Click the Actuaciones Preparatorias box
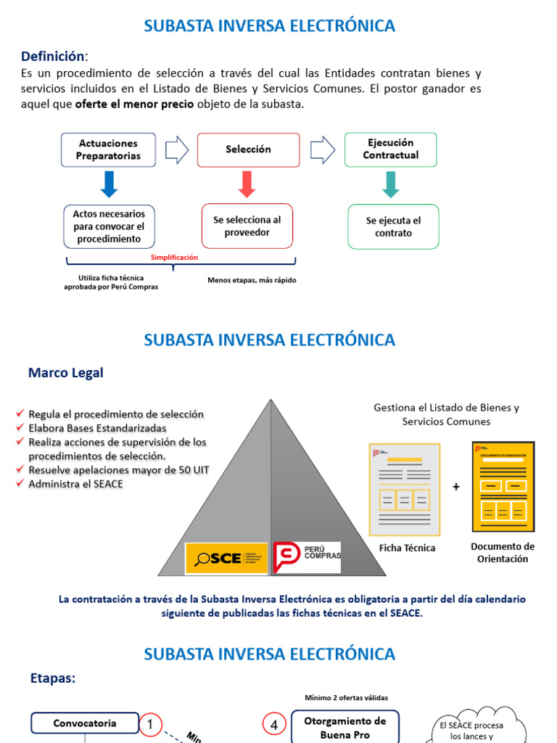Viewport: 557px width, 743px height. pos(108,149)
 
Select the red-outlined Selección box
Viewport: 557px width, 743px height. pos(248,149)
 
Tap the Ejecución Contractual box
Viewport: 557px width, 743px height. pos(390,149)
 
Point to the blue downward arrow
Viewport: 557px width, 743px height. pos(109,184)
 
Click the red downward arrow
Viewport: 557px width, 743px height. pos(247,184)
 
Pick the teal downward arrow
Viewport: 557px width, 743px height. pos(391,184)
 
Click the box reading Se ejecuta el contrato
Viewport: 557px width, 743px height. pos(393,226)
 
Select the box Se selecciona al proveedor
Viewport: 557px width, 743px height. pos(247,226)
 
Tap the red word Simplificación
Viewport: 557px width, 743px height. pos(174,258)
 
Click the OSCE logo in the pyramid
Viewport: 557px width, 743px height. pos(226,558)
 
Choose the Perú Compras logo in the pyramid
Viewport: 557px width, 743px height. pos(307,557)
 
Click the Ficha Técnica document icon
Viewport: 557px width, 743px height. pos(404,489)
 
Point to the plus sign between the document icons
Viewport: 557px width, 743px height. pos(456,487)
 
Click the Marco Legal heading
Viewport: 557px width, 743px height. pos(65,373)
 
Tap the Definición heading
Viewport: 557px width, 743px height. pos(53,56)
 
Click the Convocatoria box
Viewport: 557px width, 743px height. pos(84,723)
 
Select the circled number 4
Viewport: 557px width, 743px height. pos(274,724)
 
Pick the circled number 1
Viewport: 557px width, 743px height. pos(151,723)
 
